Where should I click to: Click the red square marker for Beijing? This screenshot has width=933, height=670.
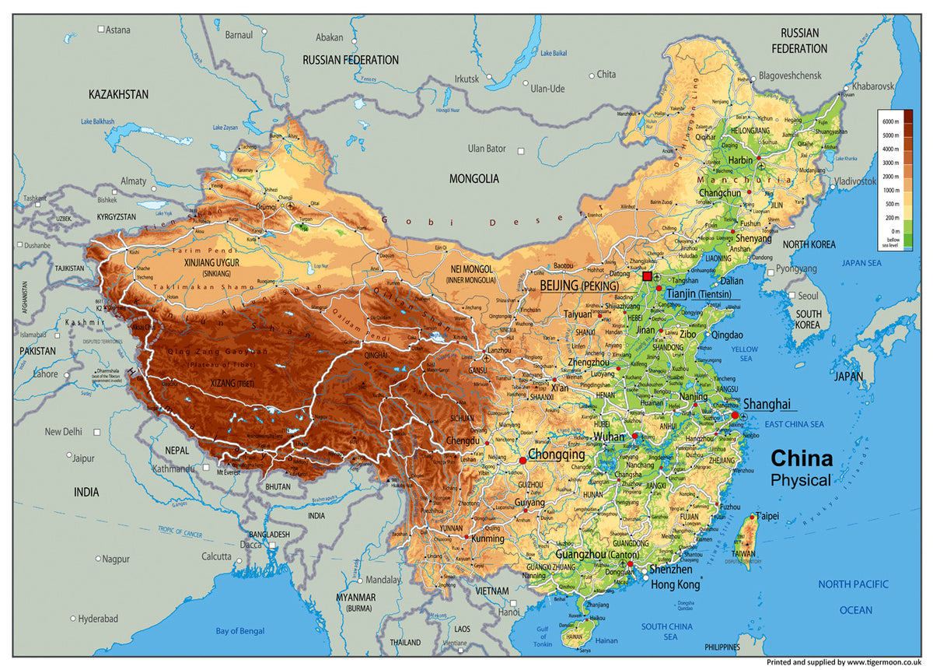tap(647, 276)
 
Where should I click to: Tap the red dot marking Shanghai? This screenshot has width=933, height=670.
tap(735, 416)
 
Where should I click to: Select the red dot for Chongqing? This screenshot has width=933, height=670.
tap(522, 461)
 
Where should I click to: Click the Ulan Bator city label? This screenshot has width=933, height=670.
tap(487, 149)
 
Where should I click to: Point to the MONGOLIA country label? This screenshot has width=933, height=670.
tap(474, 178)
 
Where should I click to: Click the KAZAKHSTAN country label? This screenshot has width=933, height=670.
tap(118, 94)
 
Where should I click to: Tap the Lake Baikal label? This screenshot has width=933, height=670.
tap(554, 53)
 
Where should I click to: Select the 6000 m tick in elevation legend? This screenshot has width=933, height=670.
tap(891, 121)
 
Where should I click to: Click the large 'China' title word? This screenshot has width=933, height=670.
tap(801, 458)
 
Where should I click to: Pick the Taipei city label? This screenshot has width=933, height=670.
tap(767, 515)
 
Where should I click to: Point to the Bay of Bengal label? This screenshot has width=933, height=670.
tap(240, 630)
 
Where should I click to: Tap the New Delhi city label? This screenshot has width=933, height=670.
tap(64, 432)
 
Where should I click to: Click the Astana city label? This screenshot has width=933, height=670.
tap(118, 30)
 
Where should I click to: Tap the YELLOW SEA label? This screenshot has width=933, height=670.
tap(743, 354)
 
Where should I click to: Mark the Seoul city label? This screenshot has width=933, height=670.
tap(807, 296)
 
